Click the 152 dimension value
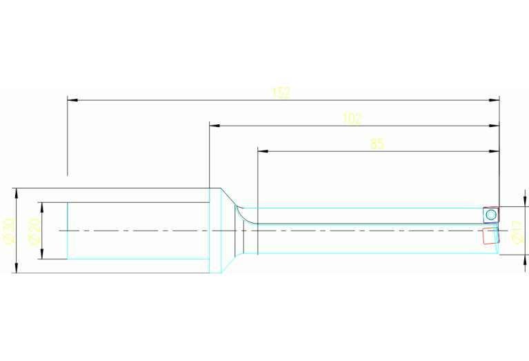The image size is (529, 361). (x=281, y=93)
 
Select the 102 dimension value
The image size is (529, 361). (x=352, y=119)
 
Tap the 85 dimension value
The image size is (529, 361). (x=377, y=144)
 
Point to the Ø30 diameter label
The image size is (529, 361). (x=9, y=231)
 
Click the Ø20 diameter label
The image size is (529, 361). (x=34, y=231)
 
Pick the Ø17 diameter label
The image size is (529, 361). (x=517, y=232)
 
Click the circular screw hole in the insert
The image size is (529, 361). (x=491, y=215)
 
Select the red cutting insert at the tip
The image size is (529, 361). (x=490, y=235)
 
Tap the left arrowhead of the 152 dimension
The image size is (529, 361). (x=72, y=100)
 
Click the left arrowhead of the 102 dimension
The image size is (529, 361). (x=214, y=126)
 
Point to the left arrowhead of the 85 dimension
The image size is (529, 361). (x=263, y=151)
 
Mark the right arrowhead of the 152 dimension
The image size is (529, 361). (x=495, y=100)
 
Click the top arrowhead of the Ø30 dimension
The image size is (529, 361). (x=16, y=193)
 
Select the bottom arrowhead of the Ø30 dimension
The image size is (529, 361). (x=16, y=268)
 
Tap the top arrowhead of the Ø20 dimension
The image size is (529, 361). (x=42, y=208)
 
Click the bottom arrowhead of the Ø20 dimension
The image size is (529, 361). (x=42, y=254)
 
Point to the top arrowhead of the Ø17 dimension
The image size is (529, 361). (x=525, y=202)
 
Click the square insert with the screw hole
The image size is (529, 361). (x=491, y=215)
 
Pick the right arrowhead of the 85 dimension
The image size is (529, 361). (x=495, y=151)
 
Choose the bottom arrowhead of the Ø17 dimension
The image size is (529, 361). (x=525, y=260)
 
